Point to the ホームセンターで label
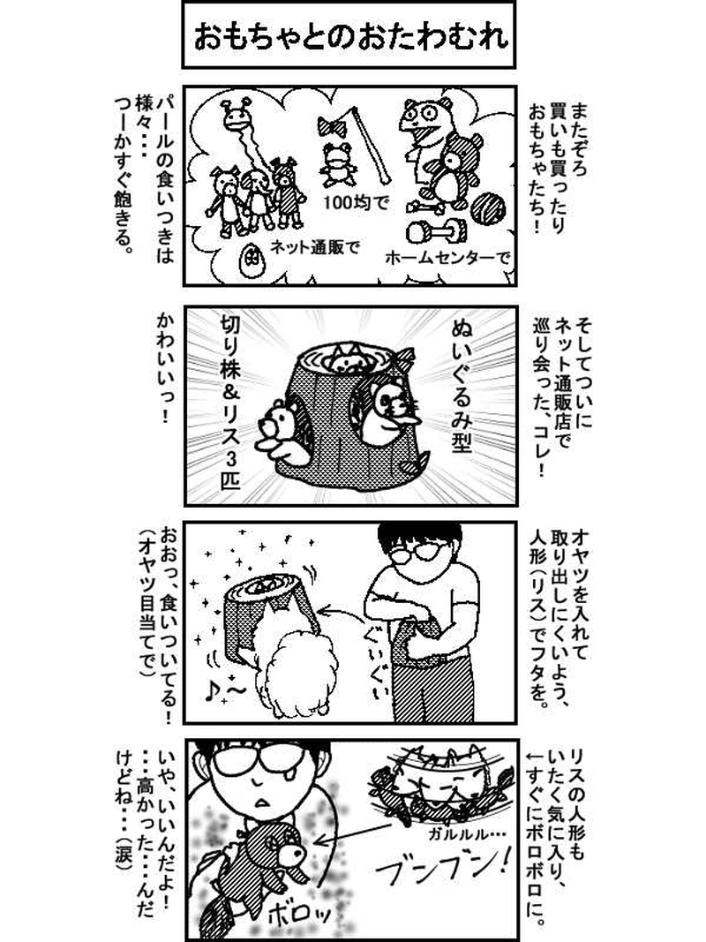[x=447, y=259]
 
